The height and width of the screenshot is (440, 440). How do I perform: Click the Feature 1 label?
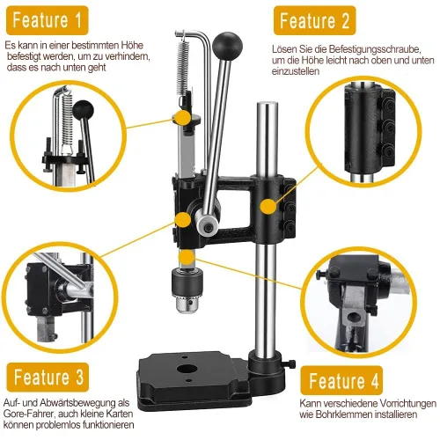[48, 20]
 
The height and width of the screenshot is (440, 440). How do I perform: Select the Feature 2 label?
[315, 21]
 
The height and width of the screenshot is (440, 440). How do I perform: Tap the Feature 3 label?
[48, 378]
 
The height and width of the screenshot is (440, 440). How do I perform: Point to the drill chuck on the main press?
[187, 290]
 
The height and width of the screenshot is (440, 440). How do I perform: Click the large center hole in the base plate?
[187, 369]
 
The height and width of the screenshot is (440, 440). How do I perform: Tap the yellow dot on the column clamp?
[268, 206]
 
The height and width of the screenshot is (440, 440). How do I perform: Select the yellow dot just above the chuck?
[187, 257]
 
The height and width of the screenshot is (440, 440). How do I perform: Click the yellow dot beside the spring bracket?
[183, 118]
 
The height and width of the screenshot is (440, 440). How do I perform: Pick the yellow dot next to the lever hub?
[183, 219]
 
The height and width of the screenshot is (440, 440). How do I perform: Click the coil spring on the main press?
[182, 68]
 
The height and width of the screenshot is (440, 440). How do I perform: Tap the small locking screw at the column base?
[290, 363]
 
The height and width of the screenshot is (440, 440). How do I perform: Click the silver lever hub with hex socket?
[208, 224]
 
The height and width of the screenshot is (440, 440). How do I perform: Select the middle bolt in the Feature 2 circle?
[389, 127]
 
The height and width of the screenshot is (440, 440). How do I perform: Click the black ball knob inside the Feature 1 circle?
[84, 109]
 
